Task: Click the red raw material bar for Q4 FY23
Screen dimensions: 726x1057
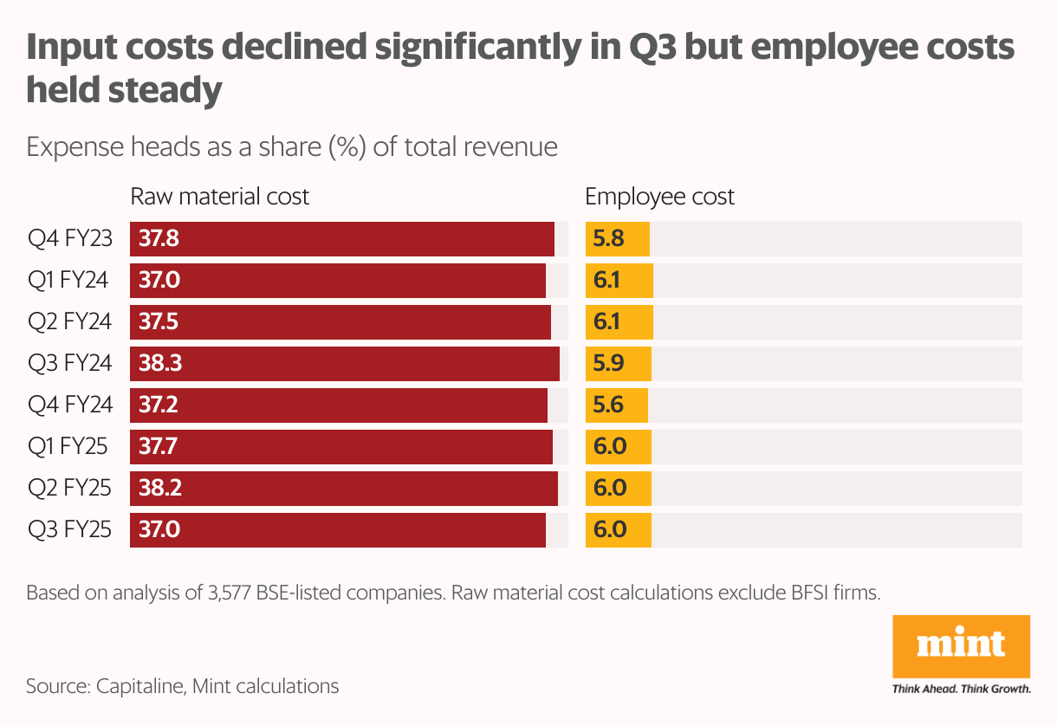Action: point(342,239)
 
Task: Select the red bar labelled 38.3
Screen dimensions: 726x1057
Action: point(345,364)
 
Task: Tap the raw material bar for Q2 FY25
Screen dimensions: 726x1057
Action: point(344,489)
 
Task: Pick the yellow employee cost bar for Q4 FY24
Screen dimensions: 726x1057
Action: point(617,405)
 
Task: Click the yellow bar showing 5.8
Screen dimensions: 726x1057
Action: point(618,239)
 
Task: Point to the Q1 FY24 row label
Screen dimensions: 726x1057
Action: point(68,281)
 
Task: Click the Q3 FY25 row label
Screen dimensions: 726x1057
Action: point(69,529)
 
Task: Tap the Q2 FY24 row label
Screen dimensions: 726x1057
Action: point(69,322)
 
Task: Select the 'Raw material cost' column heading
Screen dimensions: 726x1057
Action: point(219,197)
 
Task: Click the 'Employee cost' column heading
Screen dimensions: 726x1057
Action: point(659,197)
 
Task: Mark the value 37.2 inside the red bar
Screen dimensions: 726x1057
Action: point(159,405)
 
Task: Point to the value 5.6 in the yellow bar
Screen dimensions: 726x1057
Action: point(608,405)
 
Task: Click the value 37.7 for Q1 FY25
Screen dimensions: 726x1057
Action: point(159,447)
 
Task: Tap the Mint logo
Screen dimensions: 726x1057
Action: point(961,645)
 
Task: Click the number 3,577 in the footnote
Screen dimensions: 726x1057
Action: point(229,593)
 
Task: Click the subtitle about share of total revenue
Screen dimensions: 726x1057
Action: point(292,146)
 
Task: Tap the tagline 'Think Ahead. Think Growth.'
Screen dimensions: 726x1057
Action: point(961,690)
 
